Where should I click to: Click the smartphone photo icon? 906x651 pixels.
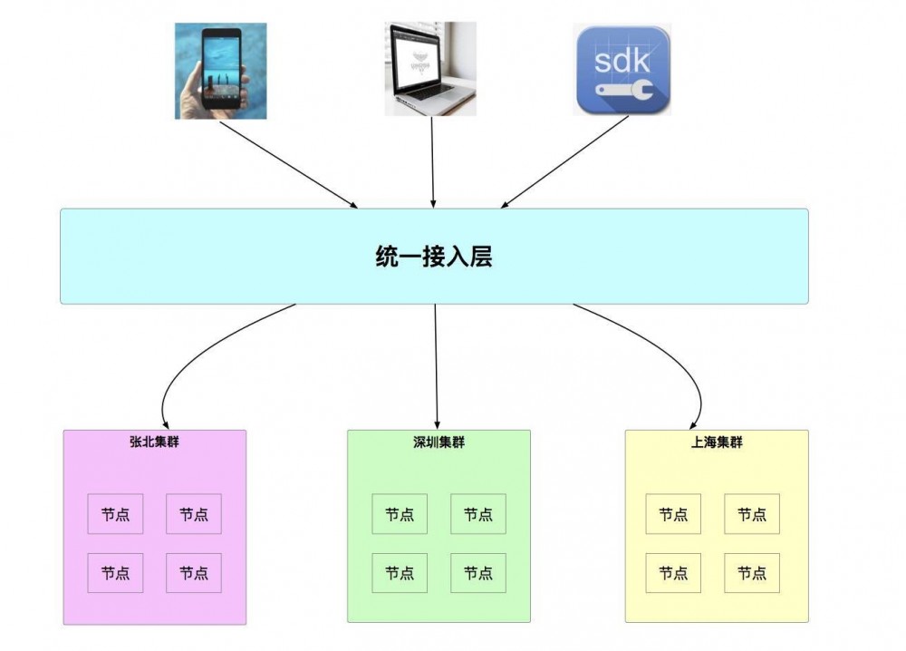[x=220, y=72]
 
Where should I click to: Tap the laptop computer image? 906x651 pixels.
[x=431, y=70]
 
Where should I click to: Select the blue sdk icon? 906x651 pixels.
[x=622, y=70]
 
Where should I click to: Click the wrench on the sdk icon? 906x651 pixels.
[x=622, y=91]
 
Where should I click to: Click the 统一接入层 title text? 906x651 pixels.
[x=433, y=257]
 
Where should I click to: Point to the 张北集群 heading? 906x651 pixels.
[x=154, y=442]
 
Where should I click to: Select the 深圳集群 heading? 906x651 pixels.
[x=439, y=442]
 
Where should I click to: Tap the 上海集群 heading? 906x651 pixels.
[x=716, y=442]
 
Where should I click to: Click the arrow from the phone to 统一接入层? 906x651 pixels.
[x=288, y=164]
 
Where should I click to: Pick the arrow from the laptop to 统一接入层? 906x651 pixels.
[x=433, y=163]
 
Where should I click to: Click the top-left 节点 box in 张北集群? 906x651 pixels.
[x=115, y=514]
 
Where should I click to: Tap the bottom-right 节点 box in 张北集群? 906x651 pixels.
[x=194, y=573]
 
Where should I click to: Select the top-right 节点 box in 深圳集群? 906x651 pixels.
[x=477, y=514]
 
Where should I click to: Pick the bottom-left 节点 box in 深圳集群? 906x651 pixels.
[x=400, y=573]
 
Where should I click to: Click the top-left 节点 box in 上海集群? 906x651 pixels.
[x=673, y=514]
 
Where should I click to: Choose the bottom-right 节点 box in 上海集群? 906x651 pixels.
[x=751, y=573]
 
